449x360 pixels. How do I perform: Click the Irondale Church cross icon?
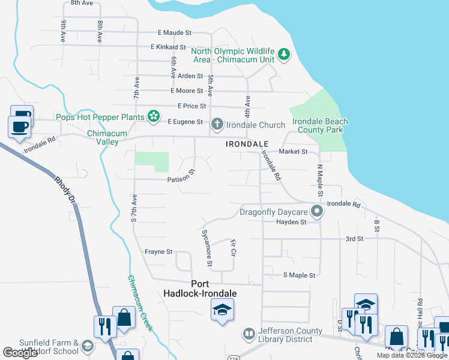pos(217,125)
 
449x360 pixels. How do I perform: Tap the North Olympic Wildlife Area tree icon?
pos(284,56)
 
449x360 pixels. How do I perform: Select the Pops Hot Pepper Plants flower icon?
pos(154,116)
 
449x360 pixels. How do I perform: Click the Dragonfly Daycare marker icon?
pos(317,211)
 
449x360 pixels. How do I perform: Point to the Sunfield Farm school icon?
pos(88,346)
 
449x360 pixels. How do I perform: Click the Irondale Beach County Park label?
pos(320,125)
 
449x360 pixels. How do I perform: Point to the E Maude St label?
pos(174,32)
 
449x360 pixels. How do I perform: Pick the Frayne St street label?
pos(158,251)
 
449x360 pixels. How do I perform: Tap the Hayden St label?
pos(291,222)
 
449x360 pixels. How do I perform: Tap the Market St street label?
pos(293,152)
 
